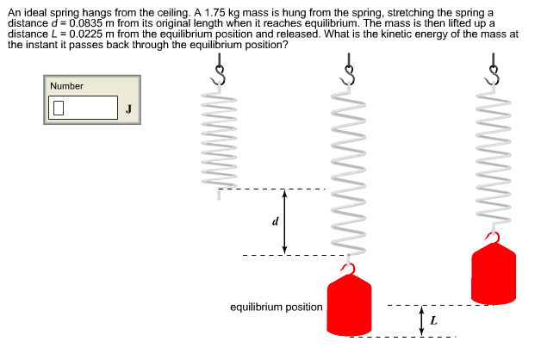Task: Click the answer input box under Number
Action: tap(84, 108)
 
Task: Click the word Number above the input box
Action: tap(66, 86)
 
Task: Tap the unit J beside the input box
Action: tap(128, 109)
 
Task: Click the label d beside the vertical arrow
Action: tap(275, 221)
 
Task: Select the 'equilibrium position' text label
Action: tap(277, 307)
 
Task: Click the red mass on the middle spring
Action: tap(349, 307)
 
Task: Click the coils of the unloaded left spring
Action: tap(220, 138)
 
